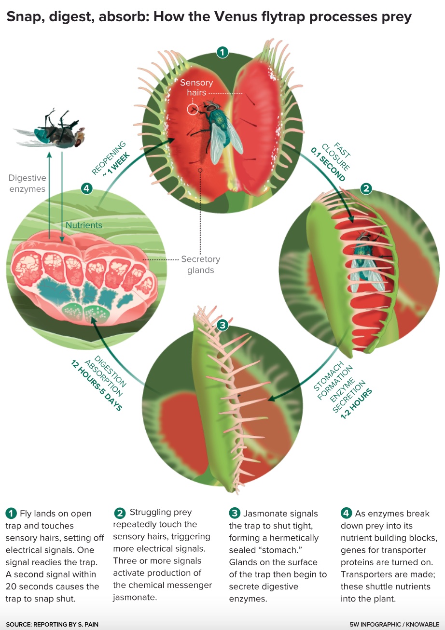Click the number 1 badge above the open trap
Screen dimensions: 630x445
(222, 52)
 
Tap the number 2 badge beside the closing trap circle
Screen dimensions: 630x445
(366, 189)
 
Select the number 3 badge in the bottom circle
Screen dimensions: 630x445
(222, 325)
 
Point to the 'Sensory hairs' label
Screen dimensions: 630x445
(196, 87)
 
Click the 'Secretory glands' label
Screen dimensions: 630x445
(200, 264)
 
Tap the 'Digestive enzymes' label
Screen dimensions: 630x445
(28, 184)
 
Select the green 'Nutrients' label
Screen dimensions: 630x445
(84, 225)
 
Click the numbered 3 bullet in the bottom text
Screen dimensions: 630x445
(235, 513)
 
